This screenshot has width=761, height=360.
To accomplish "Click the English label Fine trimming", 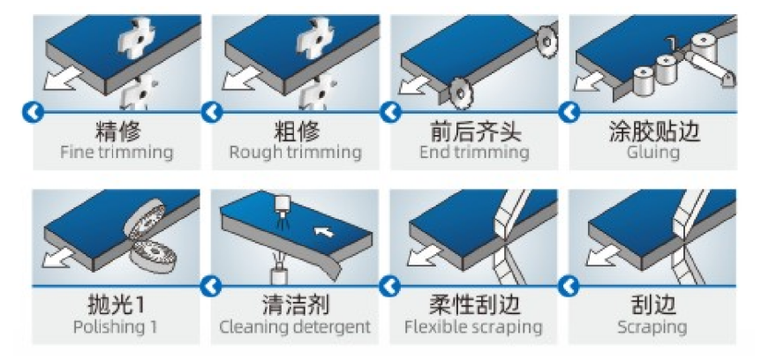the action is (x=117, y=152).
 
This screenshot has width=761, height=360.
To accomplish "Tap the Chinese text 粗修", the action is (x=296, y=130).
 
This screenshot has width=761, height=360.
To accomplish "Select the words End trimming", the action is (x=474, y=152).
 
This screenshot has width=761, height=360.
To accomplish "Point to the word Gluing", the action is (x=652, y=152).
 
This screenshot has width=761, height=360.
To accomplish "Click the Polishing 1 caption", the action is (x=116, y=326).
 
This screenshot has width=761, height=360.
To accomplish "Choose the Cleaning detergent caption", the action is (x=295, y=326).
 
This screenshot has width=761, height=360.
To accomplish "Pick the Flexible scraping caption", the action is (x=473, y=326).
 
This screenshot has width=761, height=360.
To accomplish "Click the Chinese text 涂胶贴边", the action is (x=653, y=130).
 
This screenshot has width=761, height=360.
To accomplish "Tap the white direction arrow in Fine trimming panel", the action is (x=63, y=79).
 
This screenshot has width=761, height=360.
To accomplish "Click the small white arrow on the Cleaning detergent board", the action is (x=324, y=231).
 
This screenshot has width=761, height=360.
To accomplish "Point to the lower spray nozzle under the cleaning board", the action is (x=279, y=275).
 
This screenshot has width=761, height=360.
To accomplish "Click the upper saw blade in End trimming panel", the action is (x=547, y=41).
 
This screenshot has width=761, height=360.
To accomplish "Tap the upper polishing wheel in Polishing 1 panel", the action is (x=146, y=217).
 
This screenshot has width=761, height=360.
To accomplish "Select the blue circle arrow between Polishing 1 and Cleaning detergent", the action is (x=211, y=286).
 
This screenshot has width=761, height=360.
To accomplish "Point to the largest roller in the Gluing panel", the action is (x=704, y=48).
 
